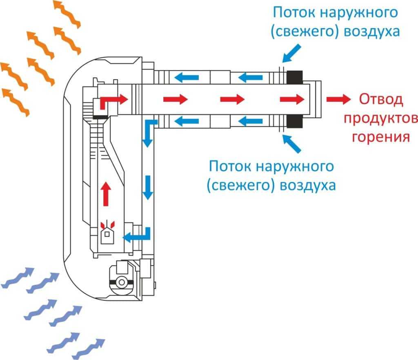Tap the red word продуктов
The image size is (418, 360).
[x=380, y=118]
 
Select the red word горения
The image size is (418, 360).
[x=380, y=136]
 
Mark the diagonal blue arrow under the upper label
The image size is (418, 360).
[x=292, y=53]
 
